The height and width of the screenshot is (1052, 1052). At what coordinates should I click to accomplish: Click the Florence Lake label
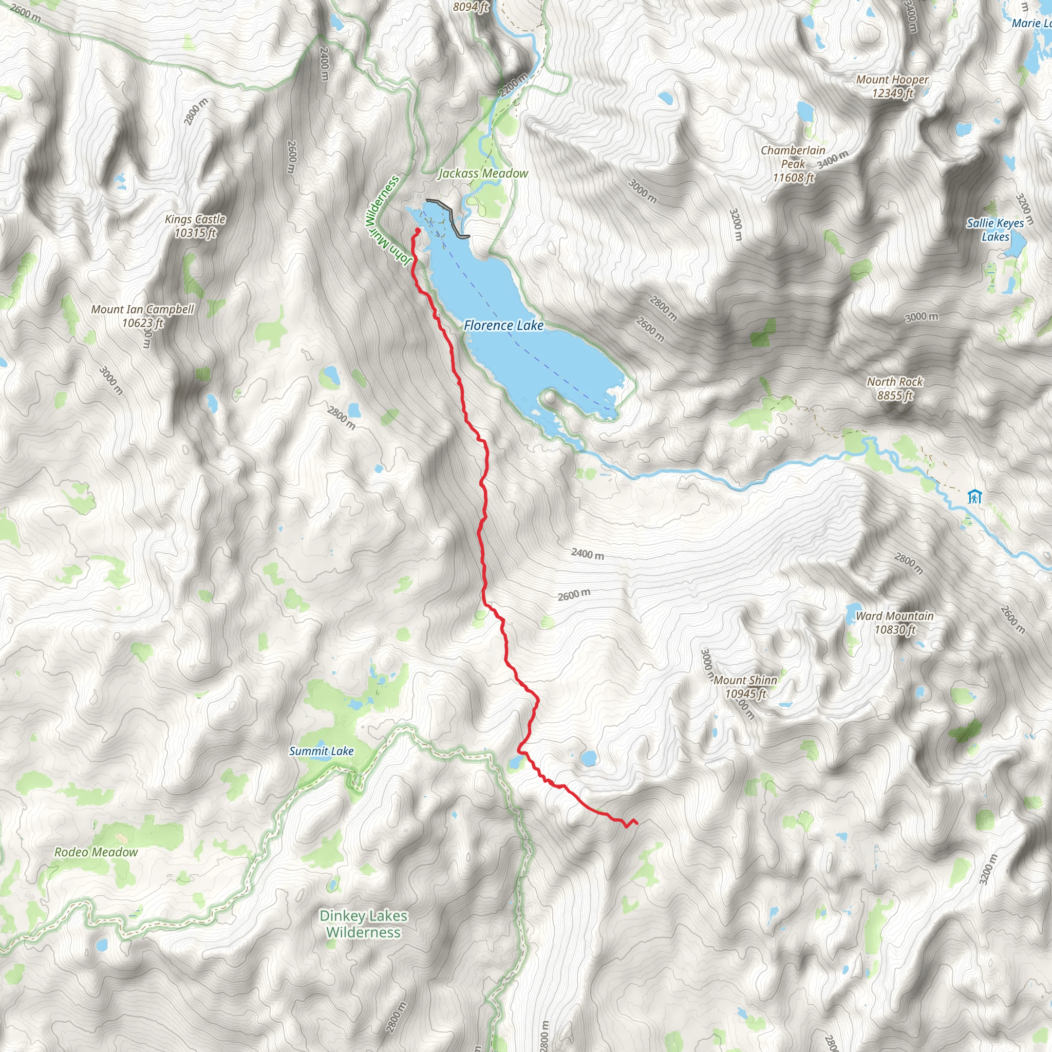[x=504, y=326]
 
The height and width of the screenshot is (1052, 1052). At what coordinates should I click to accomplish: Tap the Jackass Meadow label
[x=483, y=174]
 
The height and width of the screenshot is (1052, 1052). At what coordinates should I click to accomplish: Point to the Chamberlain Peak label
[x=793, y=164]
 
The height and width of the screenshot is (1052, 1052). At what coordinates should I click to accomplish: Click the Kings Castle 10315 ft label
[x=196, y=226]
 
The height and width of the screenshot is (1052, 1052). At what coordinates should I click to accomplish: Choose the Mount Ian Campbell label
[x=143, y=316]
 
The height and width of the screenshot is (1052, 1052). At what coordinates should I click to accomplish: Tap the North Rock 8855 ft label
[x=895, y=389]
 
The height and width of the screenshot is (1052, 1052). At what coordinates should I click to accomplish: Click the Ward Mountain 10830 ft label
[x=895, y=623]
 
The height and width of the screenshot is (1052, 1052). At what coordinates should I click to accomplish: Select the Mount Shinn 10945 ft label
[x=745, y=687]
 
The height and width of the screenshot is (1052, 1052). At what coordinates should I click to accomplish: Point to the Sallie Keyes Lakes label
[x=995, y=230]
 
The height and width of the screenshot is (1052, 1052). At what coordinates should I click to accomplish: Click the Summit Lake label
[x=321, y=752]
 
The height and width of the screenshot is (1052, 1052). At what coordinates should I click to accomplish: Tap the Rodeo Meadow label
[x=96, y=852]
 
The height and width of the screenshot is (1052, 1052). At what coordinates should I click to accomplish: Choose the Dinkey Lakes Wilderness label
[x=363, y=924]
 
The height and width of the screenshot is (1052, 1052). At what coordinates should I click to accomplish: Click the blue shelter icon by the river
[x=974, y=497]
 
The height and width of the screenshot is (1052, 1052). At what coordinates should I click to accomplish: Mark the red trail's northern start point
[x=418, y=231]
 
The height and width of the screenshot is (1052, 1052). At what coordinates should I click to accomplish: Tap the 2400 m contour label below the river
[x=587, y=554]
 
